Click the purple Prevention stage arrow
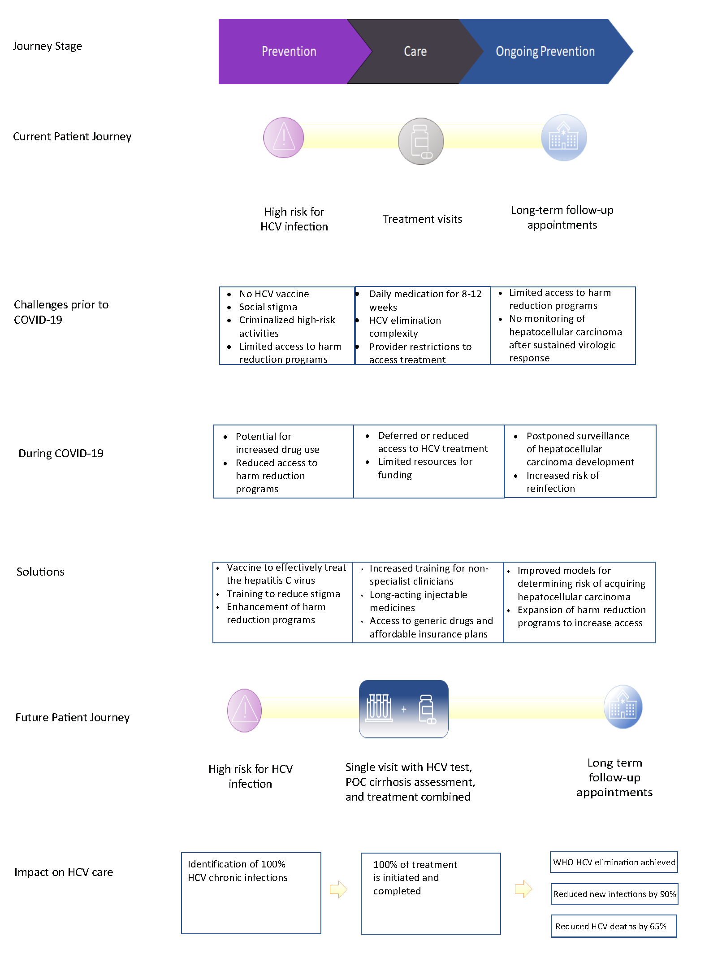point(289,52)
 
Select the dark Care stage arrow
point(415,52)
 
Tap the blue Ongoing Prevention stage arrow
point(545,52)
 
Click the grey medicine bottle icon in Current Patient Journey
point(421,141)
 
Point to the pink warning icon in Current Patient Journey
point(283,138)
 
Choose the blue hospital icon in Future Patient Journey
point(623,707)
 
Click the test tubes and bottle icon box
point(404,709)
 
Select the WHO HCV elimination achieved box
point(614,862)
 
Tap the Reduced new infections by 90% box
point(614,894)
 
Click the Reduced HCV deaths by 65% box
point(614,926)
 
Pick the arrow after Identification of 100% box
point(338,889)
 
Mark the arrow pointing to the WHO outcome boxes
point(523,889)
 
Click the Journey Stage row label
point(48,46)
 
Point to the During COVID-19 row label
point(61,453)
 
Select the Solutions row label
point(40,572)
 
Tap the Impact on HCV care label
point(64,872)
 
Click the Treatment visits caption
point(422,219)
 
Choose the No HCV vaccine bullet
point(274,294)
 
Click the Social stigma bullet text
point(268,307)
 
